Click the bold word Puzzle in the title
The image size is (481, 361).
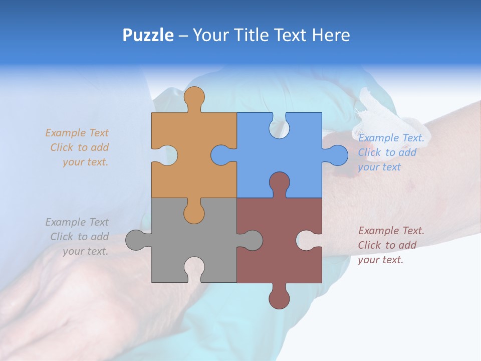pyautogui.click(x=148, y=35)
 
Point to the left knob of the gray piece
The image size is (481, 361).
pyautogui.click(x=136, y=240)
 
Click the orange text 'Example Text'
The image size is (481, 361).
pyautogui.click(x=77, y=133)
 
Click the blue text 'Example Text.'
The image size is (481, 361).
pyautogui.click(x=391, y=138)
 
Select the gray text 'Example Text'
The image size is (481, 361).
pyautogui.click(x=77, y=222)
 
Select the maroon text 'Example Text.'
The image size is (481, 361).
pyautogui.click(x=391, y=231)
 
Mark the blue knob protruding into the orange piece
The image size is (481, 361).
pyautogui.click(x=220, y=155)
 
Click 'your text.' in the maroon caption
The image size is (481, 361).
pyautogui.click(x=380, y=260)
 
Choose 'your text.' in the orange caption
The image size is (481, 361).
pyautogui.click(x=85, y=162)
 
